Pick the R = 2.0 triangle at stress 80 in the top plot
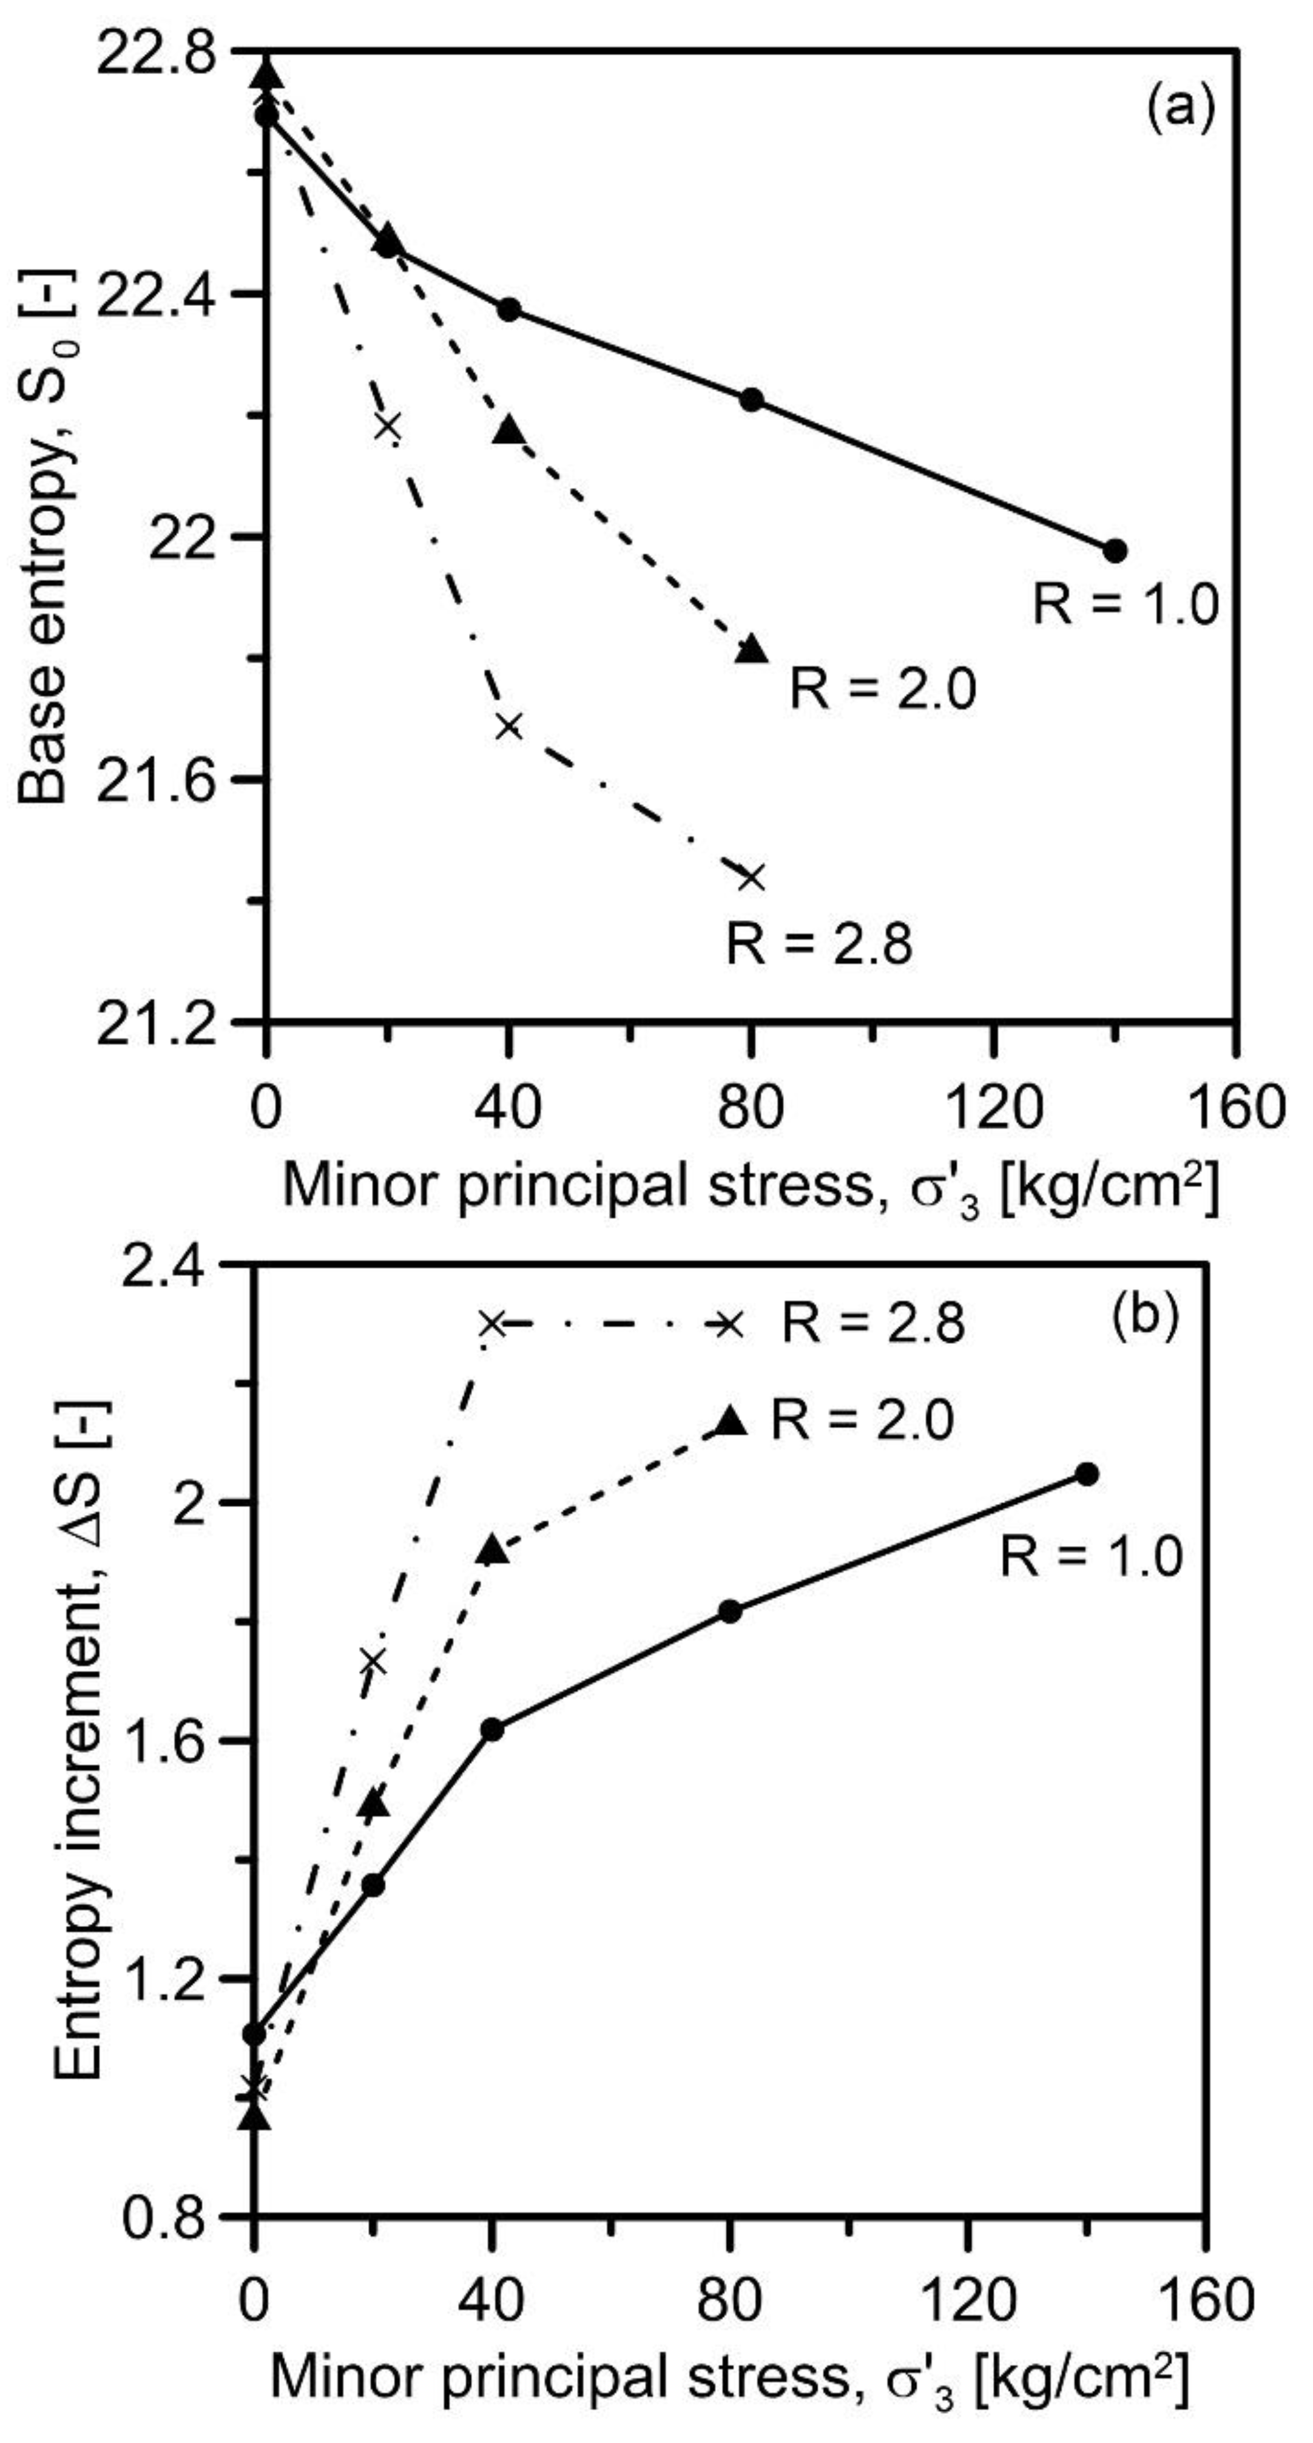click(x=752, y=649)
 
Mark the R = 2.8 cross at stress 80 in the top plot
click(x=752, y=876)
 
